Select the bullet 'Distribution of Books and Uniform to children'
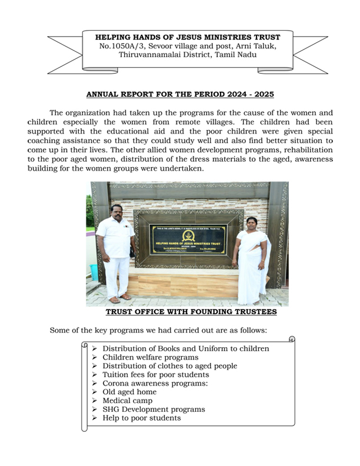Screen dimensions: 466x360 [185, 348]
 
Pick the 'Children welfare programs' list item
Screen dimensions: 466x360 [150, 357]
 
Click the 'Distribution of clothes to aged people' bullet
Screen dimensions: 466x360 [169, 365]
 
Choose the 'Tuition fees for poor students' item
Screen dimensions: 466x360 [155, 374]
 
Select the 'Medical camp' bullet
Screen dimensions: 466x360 [127, 401]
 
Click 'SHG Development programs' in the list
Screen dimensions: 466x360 [154, 410]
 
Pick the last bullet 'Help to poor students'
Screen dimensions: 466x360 [141, 418]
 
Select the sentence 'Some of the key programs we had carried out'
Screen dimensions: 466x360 [159, 330]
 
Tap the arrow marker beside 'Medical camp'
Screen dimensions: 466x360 [95, 401]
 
